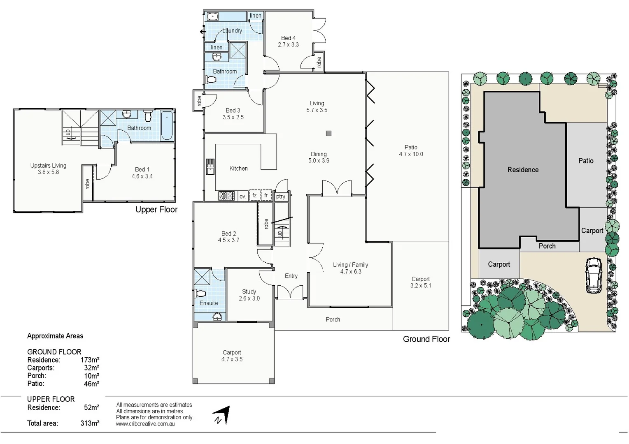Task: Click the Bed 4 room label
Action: pyautogui.click(x=288, y=38)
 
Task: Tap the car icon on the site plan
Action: pyautogui.click(x=593, y=275)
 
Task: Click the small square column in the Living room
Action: pyautogui.click(x=328, y=133)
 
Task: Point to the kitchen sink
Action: pyautogui.click(x=210, y=166)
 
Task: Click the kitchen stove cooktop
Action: pyautogui.click(x=226, y=196)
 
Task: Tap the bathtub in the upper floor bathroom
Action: pyautogui.click(x=167, y=125)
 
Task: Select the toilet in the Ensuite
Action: pyautogui.click(x=200, y=294)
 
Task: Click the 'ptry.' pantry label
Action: pyautogui.click(x=281, y=197)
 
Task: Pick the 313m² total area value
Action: pyautogui.click(x=90, y=423)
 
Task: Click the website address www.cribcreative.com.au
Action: pyautogui.click(x=145, y=424)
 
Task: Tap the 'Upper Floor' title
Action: pyautogui.click(x=156, y=209)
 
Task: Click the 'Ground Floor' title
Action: pyautogui.click(x=426, y=339)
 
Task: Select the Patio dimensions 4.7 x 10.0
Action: pyautogui.click(x=411, y=154)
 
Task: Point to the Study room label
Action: pyautogui.click(x=249, y=291)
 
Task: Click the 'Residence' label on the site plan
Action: pyautogui.click(x=523, y=170)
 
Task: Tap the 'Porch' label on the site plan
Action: pyautogui.click(x=547, y=246)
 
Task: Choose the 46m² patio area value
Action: pyautogui.click(x=91, y=384)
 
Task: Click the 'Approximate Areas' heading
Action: pyautogui.click(x=55, y=336)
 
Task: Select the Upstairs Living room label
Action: pyautogui.click(x=48, y=166)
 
